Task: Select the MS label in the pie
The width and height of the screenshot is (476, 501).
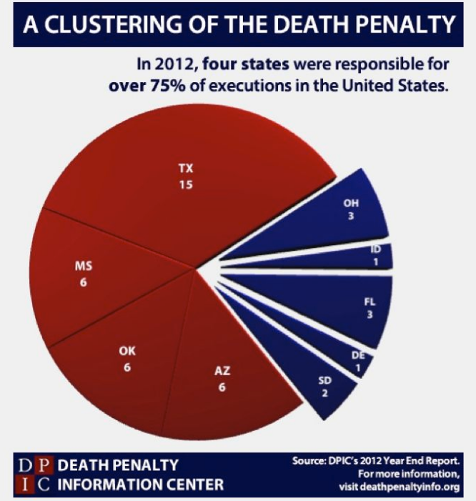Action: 84,267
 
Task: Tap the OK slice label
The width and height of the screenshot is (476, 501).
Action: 127,351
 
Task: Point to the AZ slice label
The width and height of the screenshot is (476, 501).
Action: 222,372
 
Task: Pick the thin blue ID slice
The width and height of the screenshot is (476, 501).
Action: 372,257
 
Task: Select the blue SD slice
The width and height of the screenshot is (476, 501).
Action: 326,382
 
